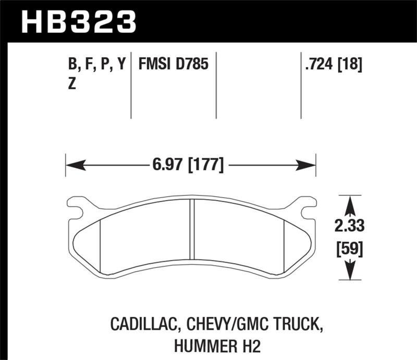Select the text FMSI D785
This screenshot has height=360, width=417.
point(173,65)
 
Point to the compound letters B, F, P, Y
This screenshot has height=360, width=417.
point(97,65)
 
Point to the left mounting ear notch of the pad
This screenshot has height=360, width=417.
point(77,211)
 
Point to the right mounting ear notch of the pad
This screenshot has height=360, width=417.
point(306,211)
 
